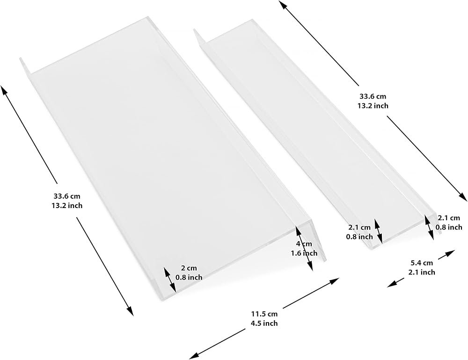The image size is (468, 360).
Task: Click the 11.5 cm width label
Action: click(264, 314)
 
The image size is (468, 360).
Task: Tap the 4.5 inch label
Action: click(264, 323)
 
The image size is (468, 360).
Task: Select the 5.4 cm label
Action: click(422, 263)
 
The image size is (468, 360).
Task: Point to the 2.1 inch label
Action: click(422, 272)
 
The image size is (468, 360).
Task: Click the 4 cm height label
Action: click(304, 244)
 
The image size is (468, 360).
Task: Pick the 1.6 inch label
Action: click(304, 253)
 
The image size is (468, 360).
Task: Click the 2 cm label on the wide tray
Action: click(189, 268)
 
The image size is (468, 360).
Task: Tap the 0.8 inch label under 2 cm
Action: click(189, 277)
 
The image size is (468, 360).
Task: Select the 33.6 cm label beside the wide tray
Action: click(67, 196)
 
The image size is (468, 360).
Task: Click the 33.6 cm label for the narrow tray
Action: click(373, 96)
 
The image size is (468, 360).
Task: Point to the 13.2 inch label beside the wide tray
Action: click(67, 206)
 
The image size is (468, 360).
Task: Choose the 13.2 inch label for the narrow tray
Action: click(373, 106)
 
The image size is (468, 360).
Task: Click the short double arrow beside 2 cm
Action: click(169, 280)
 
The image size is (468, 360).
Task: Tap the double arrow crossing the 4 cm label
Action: click(304, 248)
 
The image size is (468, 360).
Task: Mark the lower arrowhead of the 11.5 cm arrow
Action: click(193, 355)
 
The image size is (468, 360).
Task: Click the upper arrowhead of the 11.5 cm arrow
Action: click(335, 281)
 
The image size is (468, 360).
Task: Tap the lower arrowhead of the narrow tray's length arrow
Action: click(463, 197)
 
